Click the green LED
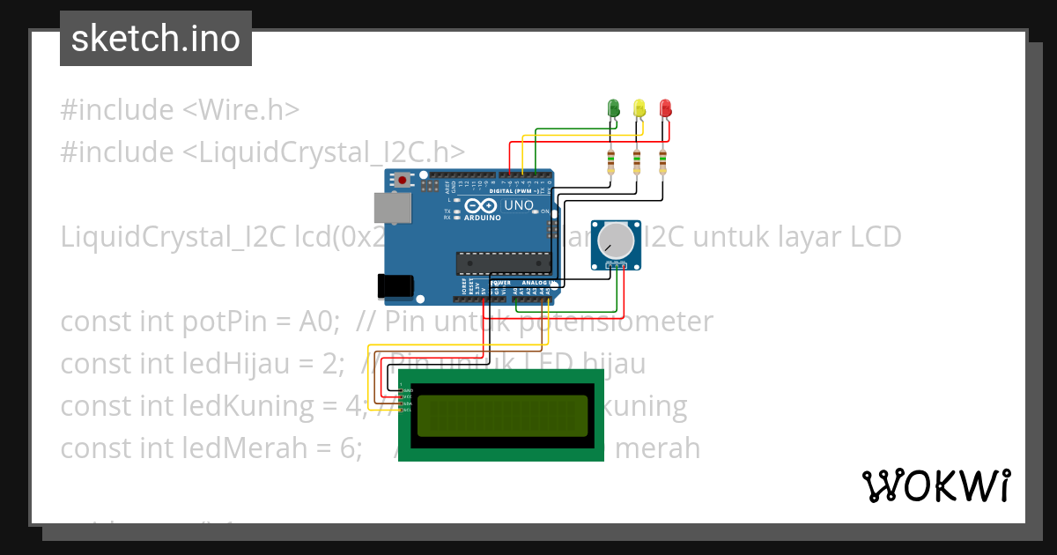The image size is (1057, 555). pos(614,108)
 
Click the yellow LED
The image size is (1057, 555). pos(639,108)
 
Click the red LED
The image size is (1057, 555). pos(665,108)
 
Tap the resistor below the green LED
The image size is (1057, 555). pos(610,161)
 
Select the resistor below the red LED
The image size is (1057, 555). pos(662,161)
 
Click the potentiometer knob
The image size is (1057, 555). pos(615,240)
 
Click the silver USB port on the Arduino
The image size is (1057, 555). pos(391,208)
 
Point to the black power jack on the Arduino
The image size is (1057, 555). pos(395,285)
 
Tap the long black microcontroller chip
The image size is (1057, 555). pos(503,262)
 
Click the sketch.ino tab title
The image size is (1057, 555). pos(156,39)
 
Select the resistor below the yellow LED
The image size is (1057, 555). pos(636,161)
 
